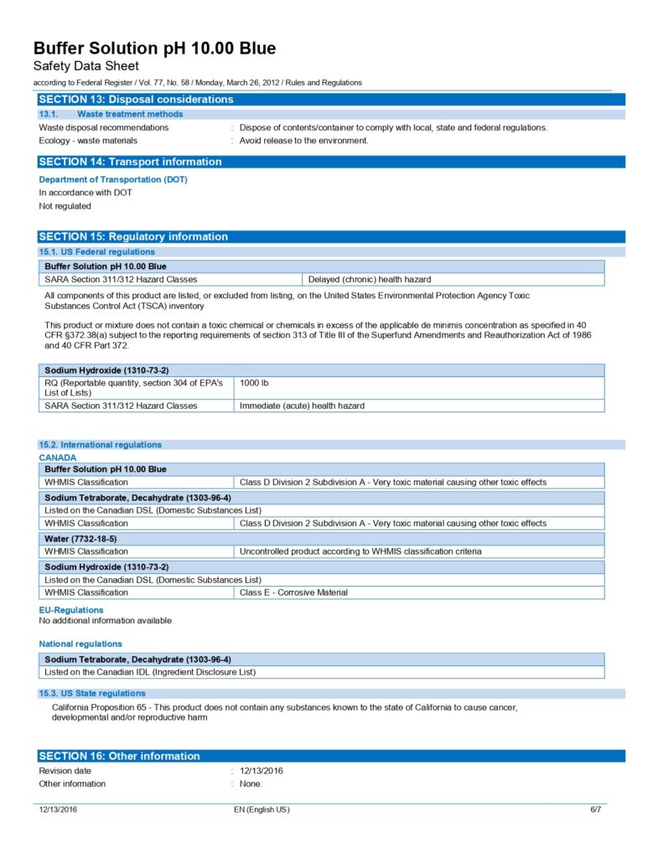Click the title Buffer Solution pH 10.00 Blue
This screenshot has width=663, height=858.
(154, 49)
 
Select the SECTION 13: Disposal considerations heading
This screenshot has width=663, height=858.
(136, 100)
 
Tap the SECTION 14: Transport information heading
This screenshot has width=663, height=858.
(130, 162)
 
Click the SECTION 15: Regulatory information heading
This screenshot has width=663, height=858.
(133, 236)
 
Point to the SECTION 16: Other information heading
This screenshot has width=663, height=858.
(119, 756)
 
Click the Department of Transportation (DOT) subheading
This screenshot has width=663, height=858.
(113, 179)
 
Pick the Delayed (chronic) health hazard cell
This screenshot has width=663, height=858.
(370, 279)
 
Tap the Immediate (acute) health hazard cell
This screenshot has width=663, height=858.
(302, 406)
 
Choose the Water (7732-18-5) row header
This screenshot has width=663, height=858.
(80, 539)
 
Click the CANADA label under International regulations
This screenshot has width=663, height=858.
(58, 457)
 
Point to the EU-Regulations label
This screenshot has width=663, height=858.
(71, 610)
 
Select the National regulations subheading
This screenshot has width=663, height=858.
(80, 643)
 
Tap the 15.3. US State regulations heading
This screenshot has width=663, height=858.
(92, 693)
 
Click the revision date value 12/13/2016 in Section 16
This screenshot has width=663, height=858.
(262, 771)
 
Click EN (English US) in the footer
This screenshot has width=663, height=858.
(262, 809)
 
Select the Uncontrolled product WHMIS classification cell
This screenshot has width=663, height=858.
(360, 551)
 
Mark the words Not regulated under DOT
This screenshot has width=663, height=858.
(65, 206)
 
